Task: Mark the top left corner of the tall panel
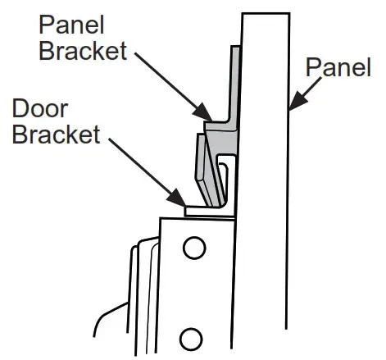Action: tap(243, 14)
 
